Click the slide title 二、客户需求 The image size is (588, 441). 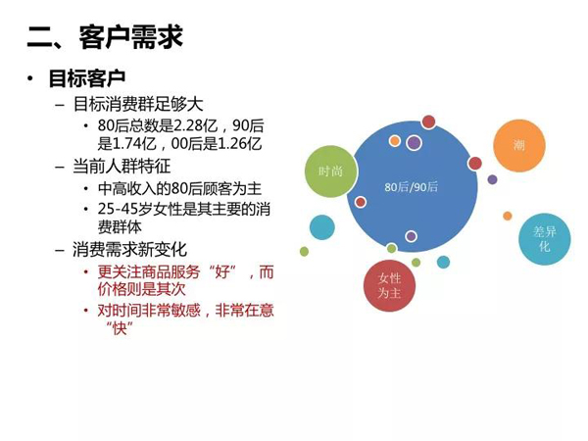[105, 37]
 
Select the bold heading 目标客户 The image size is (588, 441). [87, 78]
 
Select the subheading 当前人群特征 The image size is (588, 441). [122, 167]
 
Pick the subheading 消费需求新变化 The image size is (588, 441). [129, 249]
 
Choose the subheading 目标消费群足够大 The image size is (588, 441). [138, 104]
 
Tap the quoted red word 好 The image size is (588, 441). [221, 271]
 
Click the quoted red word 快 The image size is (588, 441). [120, 328]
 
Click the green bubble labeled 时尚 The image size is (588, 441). [331, 171]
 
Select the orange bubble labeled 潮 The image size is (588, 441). [519, 146]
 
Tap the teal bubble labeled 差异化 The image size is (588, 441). [545, 239]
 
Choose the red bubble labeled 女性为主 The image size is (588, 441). [390, 285]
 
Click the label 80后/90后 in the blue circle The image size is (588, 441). [411, 187]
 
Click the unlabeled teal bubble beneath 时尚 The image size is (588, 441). [322, 227]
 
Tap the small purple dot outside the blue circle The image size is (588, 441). [492, 179]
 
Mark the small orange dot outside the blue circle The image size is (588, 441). [508, 216]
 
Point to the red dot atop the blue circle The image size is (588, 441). [428, 122]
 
